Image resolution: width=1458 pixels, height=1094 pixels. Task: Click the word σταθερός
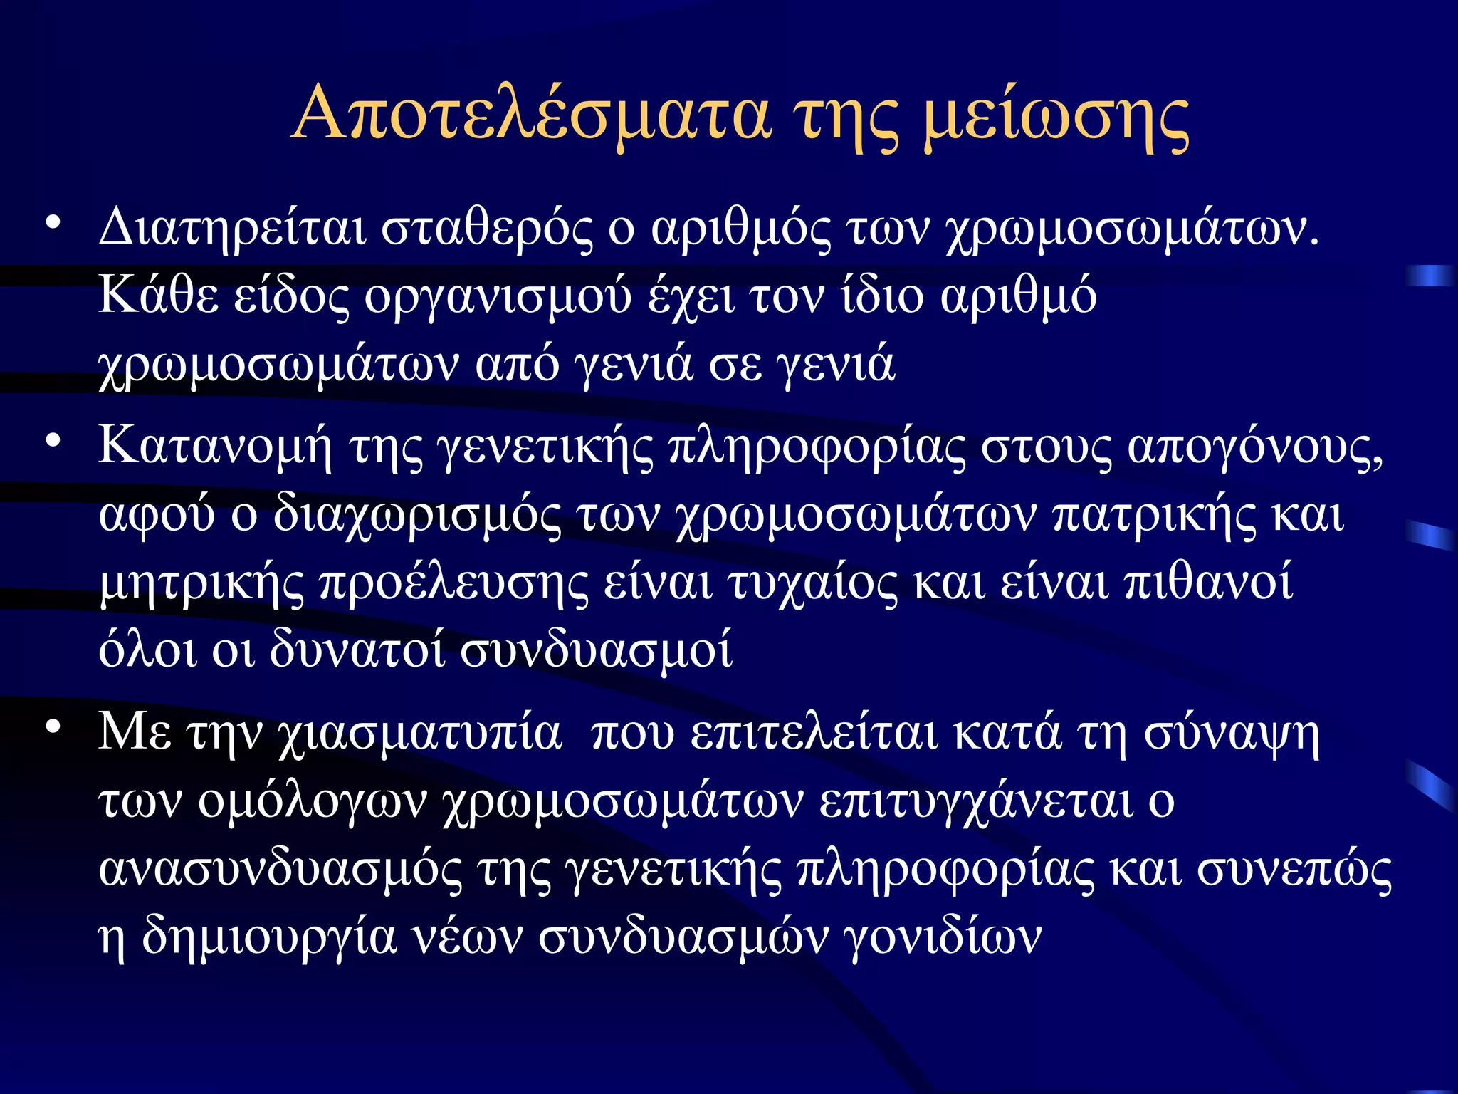(486, 228)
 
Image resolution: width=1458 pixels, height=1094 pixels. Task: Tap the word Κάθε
(158, 296)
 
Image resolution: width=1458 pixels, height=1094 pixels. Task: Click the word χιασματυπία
(419, 734)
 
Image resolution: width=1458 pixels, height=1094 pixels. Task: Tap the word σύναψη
(1232, 734)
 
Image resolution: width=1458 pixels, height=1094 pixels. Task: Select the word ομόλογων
(312, 802)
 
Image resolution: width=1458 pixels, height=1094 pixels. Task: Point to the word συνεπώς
(1294, 870)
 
